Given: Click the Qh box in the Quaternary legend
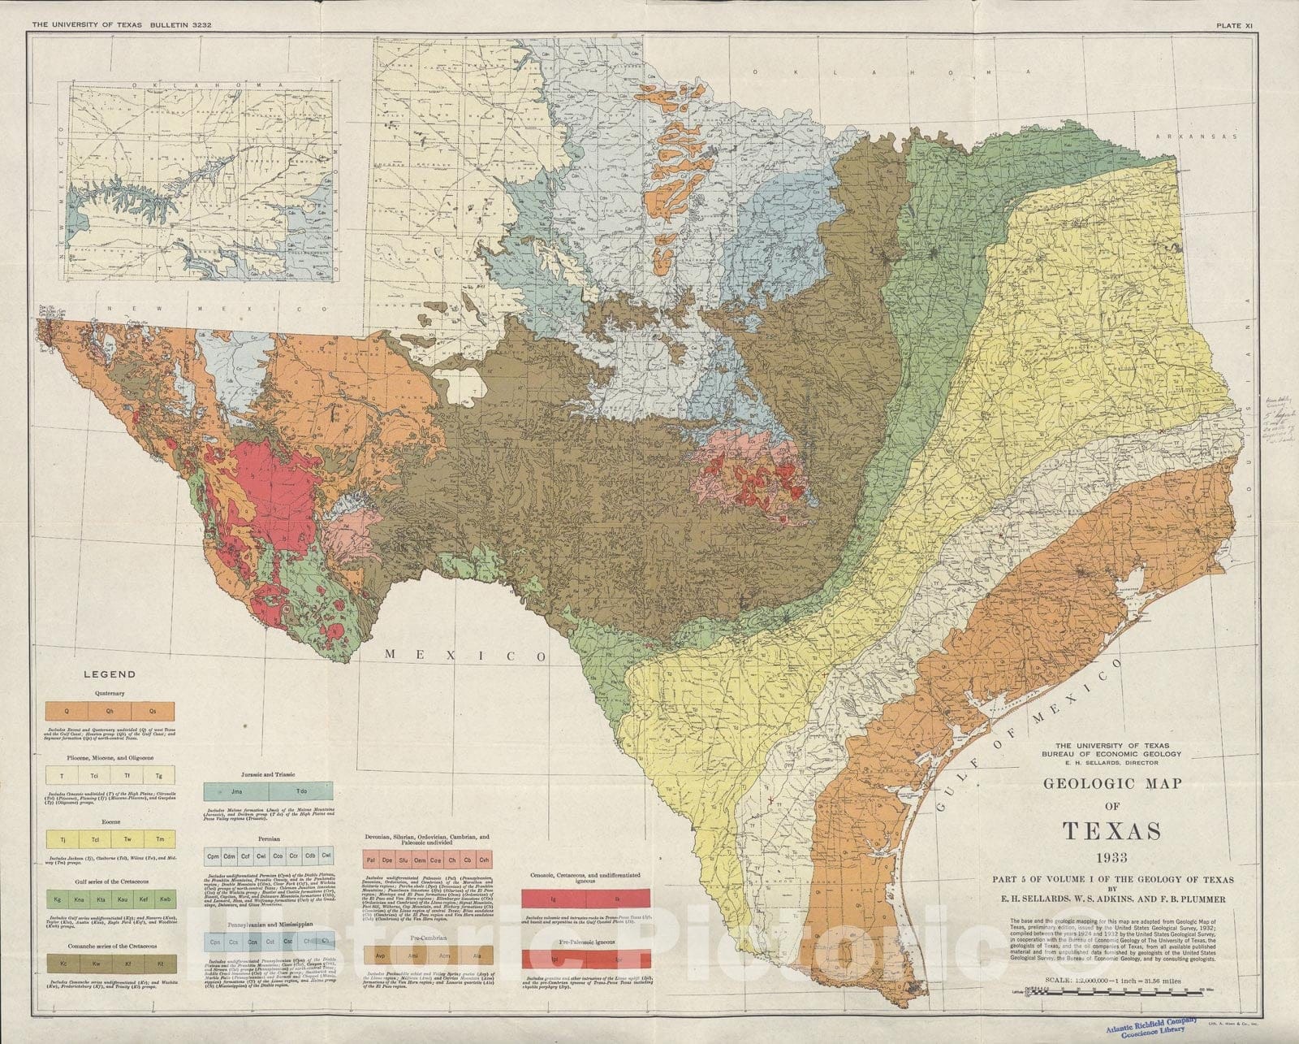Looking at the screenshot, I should click(110, 711).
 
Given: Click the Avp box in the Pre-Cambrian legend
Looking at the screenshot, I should click(380, 955).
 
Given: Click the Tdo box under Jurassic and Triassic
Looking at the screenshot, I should click(301, 790).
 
